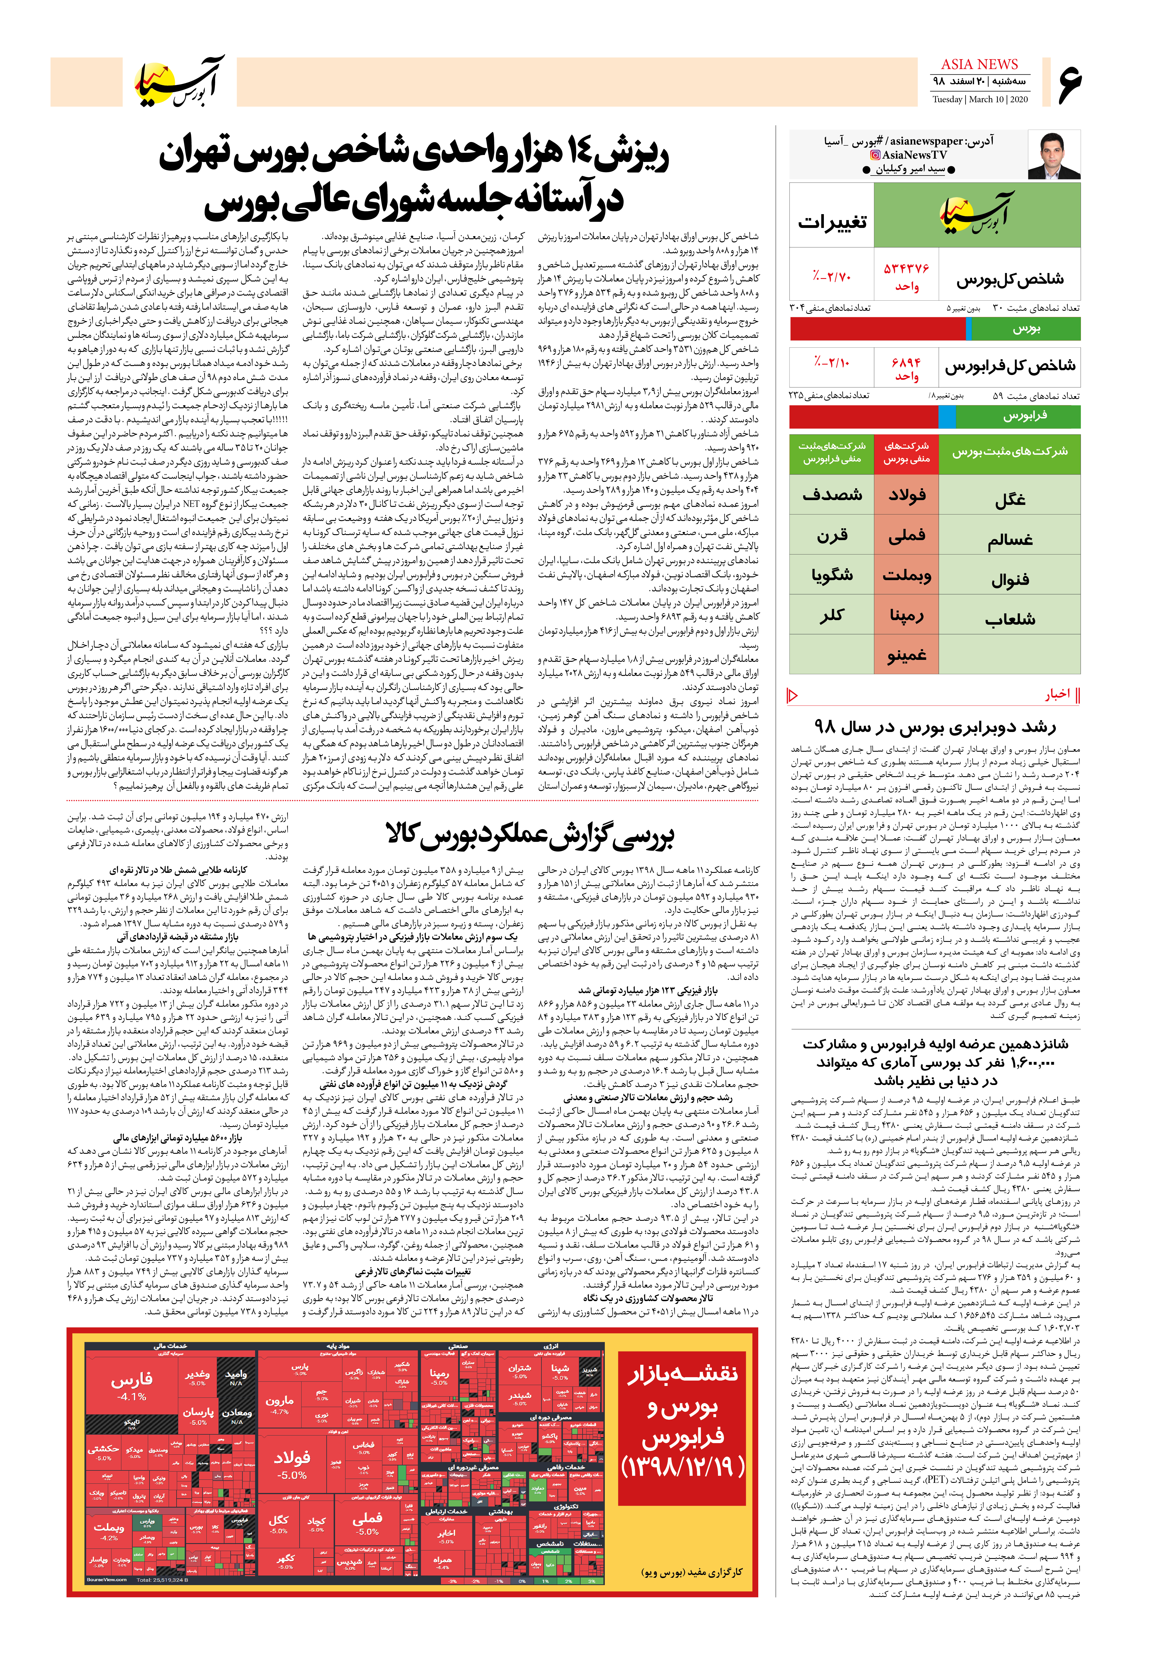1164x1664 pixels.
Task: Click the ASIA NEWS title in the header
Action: [x=979, y=65]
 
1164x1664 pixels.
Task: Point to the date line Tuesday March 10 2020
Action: [x=979, y=99]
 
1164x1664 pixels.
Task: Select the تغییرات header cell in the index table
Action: [x=831, y=223]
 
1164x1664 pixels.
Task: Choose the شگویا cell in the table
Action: [x=831, y=575]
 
